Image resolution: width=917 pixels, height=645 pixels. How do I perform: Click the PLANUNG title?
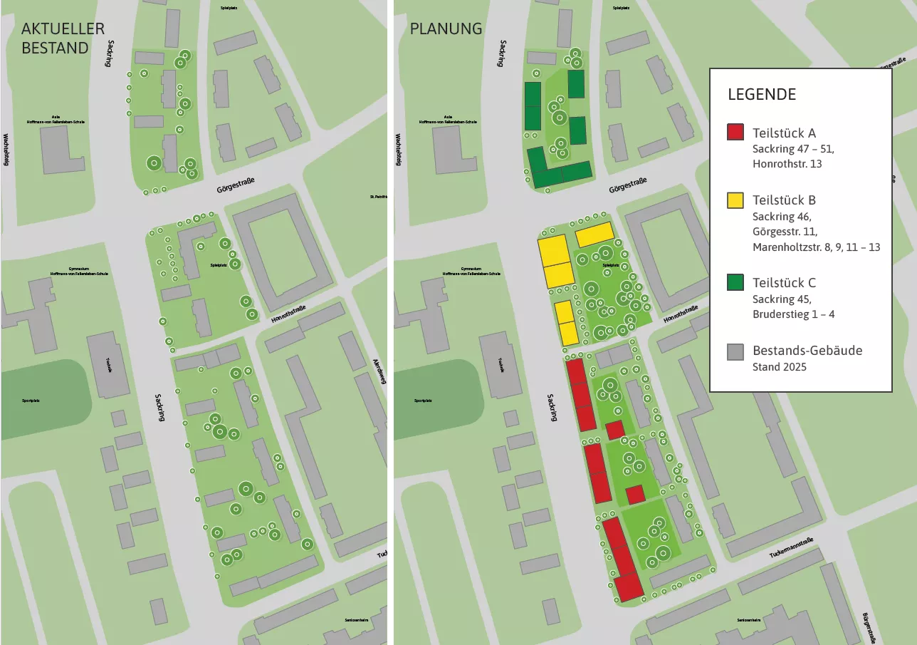tap(446, 29)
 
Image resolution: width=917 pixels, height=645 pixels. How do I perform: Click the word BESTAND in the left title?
tap(55, 48)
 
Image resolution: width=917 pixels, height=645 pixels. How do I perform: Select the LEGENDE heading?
tap(761, 95)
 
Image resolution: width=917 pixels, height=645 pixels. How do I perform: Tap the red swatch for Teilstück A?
tap(735, 133)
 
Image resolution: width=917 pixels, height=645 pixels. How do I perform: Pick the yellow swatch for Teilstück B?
tap(735, 200)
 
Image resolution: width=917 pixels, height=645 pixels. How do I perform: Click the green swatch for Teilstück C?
tap(735, 283)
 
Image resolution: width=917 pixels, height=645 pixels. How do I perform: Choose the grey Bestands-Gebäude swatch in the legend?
tap(735, 351)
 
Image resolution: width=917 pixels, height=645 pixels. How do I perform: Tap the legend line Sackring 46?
tap(782, 216)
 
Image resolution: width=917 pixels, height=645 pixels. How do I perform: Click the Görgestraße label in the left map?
tap(236, 185)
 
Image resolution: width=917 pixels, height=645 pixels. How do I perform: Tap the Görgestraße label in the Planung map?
tap(629, 186)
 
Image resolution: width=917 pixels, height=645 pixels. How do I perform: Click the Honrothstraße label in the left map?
tap(288, 314)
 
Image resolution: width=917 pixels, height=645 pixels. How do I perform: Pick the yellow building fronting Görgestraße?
tap(594, 234)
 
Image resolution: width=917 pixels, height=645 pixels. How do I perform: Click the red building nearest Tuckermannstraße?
tap(629, 587)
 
